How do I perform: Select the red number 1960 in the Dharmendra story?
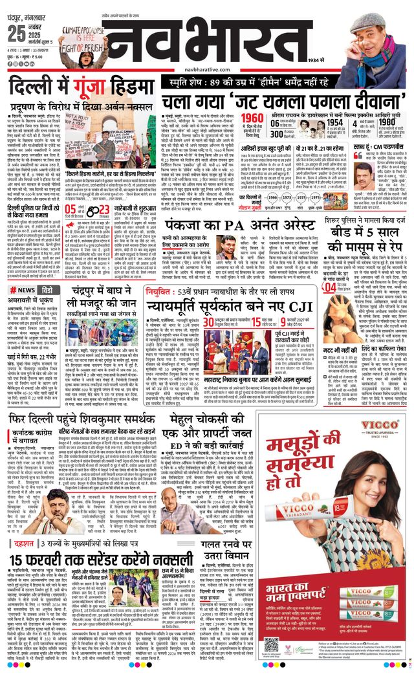[255, 117]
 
